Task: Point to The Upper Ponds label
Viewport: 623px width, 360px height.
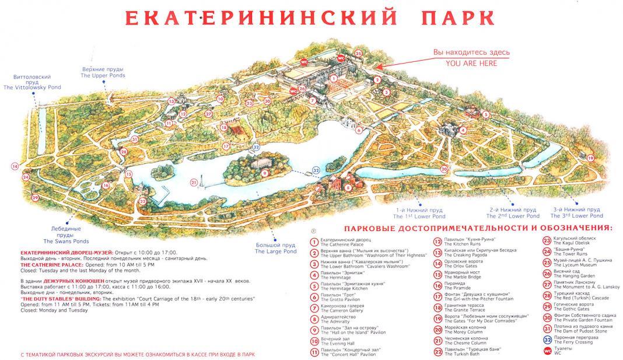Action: coord(103,76)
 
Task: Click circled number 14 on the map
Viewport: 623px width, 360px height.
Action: coord(14,166)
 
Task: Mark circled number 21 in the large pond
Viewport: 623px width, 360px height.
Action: coord(193,182)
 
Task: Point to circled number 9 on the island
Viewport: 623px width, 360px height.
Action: coord(264,173)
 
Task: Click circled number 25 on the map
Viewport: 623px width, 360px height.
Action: coord(358,54)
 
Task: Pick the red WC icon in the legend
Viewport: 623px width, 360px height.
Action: coord(547,351)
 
